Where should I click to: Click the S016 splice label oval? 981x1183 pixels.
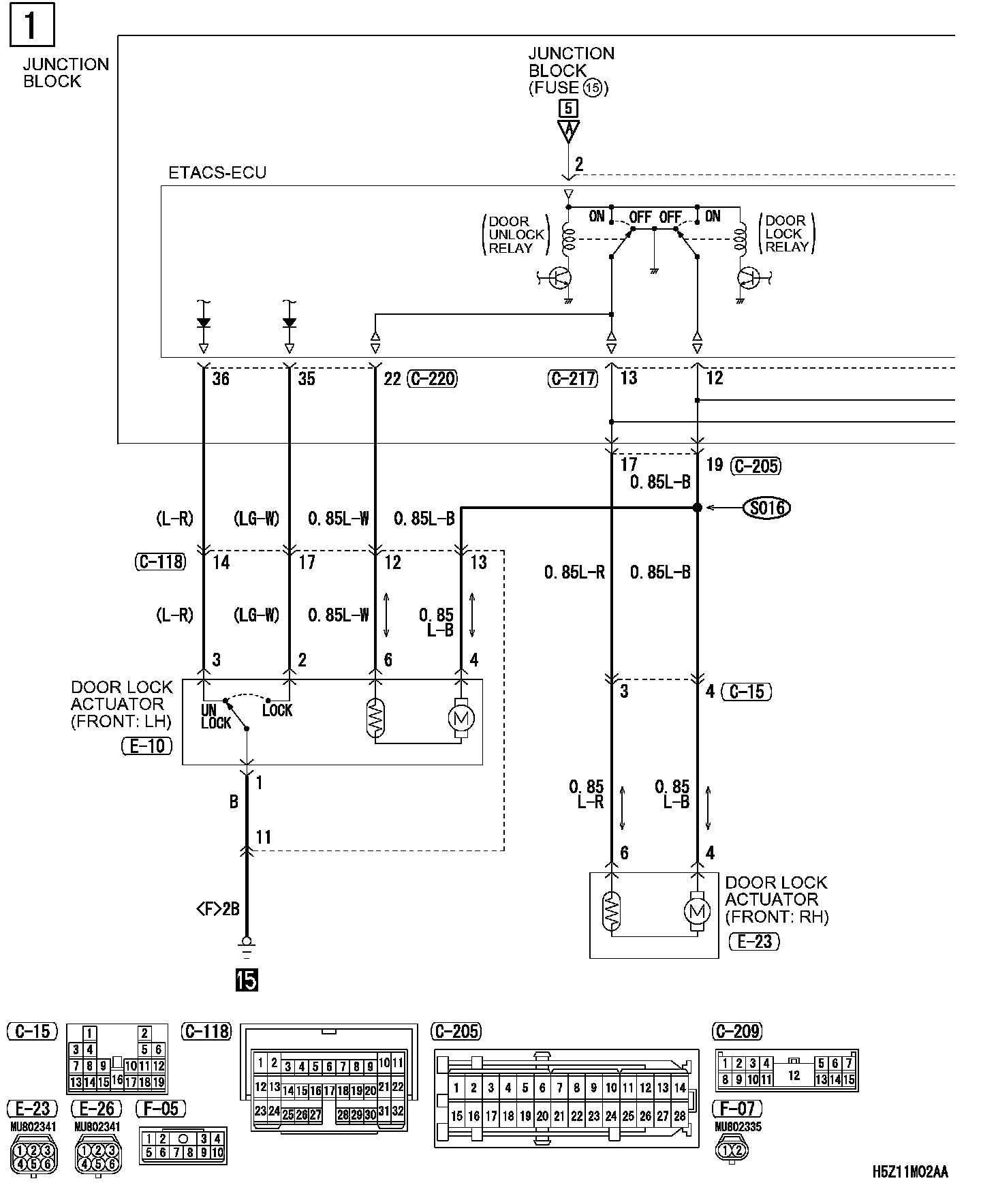(766, 508)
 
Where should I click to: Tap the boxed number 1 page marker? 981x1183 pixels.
(31, 27)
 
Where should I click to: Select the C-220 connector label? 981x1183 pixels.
(432, 378)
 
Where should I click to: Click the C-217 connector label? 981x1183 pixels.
(572, 378)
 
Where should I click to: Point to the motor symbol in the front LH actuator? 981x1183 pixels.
(461, 717)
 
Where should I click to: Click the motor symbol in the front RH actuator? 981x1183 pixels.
(696, 911)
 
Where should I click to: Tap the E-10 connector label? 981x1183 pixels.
(147, 746)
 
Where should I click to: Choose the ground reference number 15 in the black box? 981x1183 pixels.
(247, 981)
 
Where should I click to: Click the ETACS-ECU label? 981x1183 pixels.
(217, 173)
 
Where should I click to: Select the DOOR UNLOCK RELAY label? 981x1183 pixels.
(516, 234)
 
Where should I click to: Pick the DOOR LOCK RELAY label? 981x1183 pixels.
(786, 234)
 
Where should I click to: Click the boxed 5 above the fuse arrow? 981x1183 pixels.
(567, 108)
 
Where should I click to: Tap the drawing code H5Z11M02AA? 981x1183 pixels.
(909, 1171)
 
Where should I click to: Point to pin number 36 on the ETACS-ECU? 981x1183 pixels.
(221, 378)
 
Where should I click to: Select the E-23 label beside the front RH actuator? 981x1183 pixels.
(753, 941)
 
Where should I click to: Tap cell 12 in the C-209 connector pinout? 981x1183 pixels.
(794, 1075)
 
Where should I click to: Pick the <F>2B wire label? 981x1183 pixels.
(218, 908)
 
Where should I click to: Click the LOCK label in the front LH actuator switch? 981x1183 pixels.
(277, 710)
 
